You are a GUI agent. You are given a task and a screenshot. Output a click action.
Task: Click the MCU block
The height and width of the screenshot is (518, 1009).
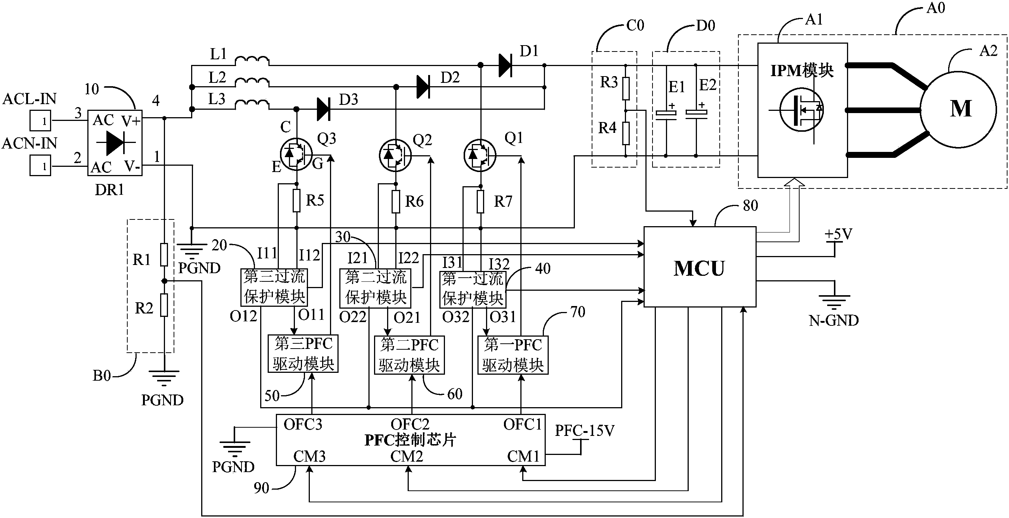click(x=700, y=266)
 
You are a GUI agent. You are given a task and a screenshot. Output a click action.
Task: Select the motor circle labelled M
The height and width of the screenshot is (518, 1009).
click(x=958, y=109)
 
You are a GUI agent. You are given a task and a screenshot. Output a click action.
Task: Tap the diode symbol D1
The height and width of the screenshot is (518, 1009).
click(x=505, y=65)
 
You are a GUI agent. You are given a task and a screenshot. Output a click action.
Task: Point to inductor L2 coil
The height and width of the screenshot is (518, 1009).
click(x=252, y=82)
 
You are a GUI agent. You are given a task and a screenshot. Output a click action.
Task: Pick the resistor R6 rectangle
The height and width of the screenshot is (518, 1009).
click(x=396, y=202)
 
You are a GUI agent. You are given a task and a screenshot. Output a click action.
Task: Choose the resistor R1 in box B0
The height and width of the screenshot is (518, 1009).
click(x=164, y=255)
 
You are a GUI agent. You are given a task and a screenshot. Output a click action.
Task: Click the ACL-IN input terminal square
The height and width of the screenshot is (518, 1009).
click(x=40, y=121)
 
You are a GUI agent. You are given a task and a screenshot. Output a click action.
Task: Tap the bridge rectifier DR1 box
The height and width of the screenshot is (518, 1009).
click(x=114, y=143)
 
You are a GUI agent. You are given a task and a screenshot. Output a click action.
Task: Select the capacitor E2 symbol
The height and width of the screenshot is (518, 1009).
click(x=696, y=114)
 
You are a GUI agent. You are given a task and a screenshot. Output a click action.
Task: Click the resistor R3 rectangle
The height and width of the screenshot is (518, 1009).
click(x=626, y=88)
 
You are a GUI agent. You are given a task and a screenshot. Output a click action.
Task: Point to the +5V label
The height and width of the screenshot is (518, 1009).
click(x=839, y=234)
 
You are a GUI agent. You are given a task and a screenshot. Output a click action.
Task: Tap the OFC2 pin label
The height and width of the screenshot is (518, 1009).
click(x=410, y=424)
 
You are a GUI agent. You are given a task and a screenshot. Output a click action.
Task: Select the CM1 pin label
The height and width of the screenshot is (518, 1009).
click(x=523, y=456)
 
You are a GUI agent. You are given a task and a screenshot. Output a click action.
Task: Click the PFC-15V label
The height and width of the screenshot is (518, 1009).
click(x=585, y=431)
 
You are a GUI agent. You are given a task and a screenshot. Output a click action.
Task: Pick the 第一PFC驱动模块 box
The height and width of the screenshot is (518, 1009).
click(x=513, y=355)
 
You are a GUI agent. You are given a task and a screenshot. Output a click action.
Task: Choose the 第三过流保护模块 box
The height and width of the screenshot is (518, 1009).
click(x=274, y=287)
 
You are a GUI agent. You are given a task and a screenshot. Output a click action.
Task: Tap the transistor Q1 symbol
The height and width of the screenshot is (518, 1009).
click(x=480, y=156)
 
